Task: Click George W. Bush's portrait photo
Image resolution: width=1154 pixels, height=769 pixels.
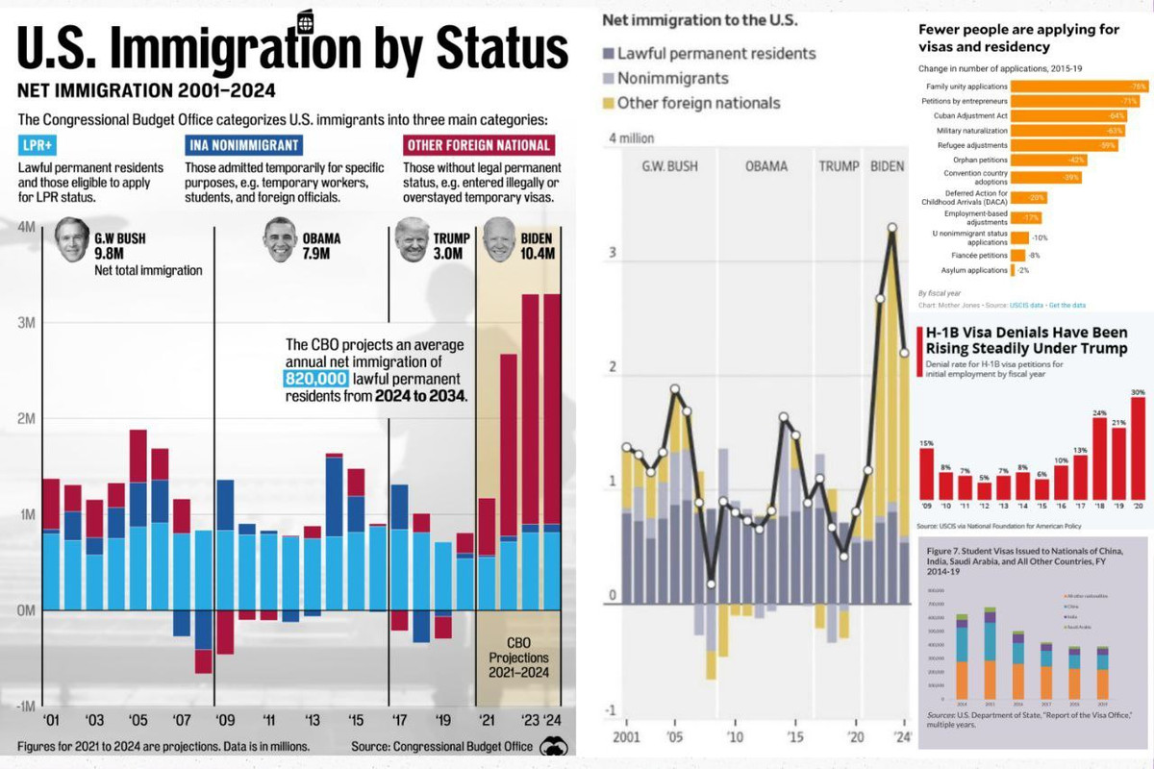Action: tap(71, 239)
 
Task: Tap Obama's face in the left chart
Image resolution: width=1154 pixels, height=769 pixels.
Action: tap(280, 239)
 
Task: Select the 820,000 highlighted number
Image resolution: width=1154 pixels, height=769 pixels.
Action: tap(315, 380)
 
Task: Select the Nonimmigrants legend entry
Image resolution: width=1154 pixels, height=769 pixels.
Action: tap(673, 79)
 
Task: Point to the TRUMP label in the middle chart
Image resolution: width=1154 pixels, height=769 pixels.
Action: tap(839, 166)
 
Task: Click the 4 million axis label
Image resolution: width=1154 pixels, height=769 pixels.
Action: tap(632, 138)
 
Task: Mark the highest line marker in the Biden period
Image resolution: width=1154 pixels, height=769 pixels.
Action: tap(892, 228)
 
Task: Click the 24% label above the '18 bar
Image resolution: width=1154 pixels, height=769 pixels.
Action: tap(1100, 414)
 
